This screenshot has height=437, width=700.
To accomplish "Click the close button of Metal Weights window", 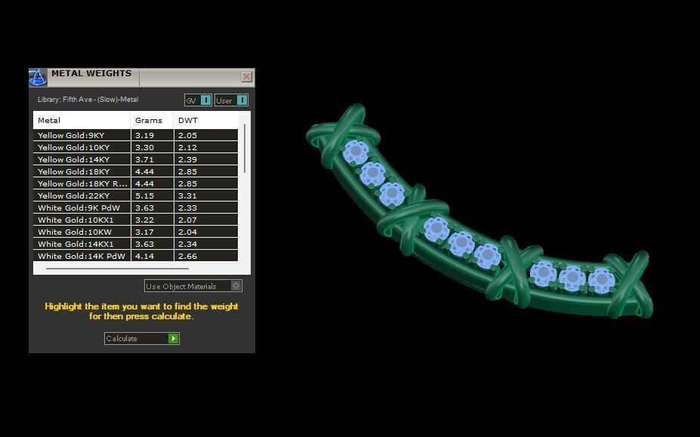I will tap(246, 77).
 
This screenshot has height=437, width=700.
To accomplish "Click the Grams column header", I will tap(148, 121).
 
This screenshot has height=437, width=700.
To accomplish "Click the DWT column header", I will tap(187, 121).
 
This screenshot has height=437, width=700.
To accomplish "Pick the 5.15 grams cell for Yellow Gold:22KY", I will tap(143, 195).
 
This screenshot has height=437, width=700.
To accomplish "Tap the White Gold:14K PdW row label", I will tap(81, 256).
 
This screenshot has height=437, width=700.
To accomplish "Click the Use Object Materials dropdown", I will tap(193, 286).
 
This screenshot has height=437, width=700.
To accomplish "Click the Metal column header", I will tap(49, 121).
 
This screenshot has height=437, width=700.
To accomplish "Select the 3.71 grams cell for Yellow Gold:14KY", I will tap(143, 159).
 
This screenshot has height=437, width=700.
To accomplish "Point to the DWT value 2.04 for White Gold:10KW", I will tap(187, 232).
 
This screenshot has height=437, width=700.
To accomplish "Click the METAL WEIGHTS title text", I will tap(91, 74).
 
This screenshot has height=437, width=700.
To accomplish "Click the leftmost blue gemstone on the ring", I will tap(355, 153).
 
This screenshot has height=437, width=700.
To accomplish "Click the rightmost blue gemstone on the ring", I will tap(601, 280).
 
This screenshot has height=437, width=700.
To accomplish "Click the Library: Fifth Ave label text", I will tap(88, 100).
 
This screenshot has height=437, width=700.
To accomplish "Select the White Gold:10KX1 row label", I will tap(76, 220).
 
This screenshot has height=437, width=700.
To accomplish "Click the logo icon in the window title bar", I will tap(38, 77).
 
